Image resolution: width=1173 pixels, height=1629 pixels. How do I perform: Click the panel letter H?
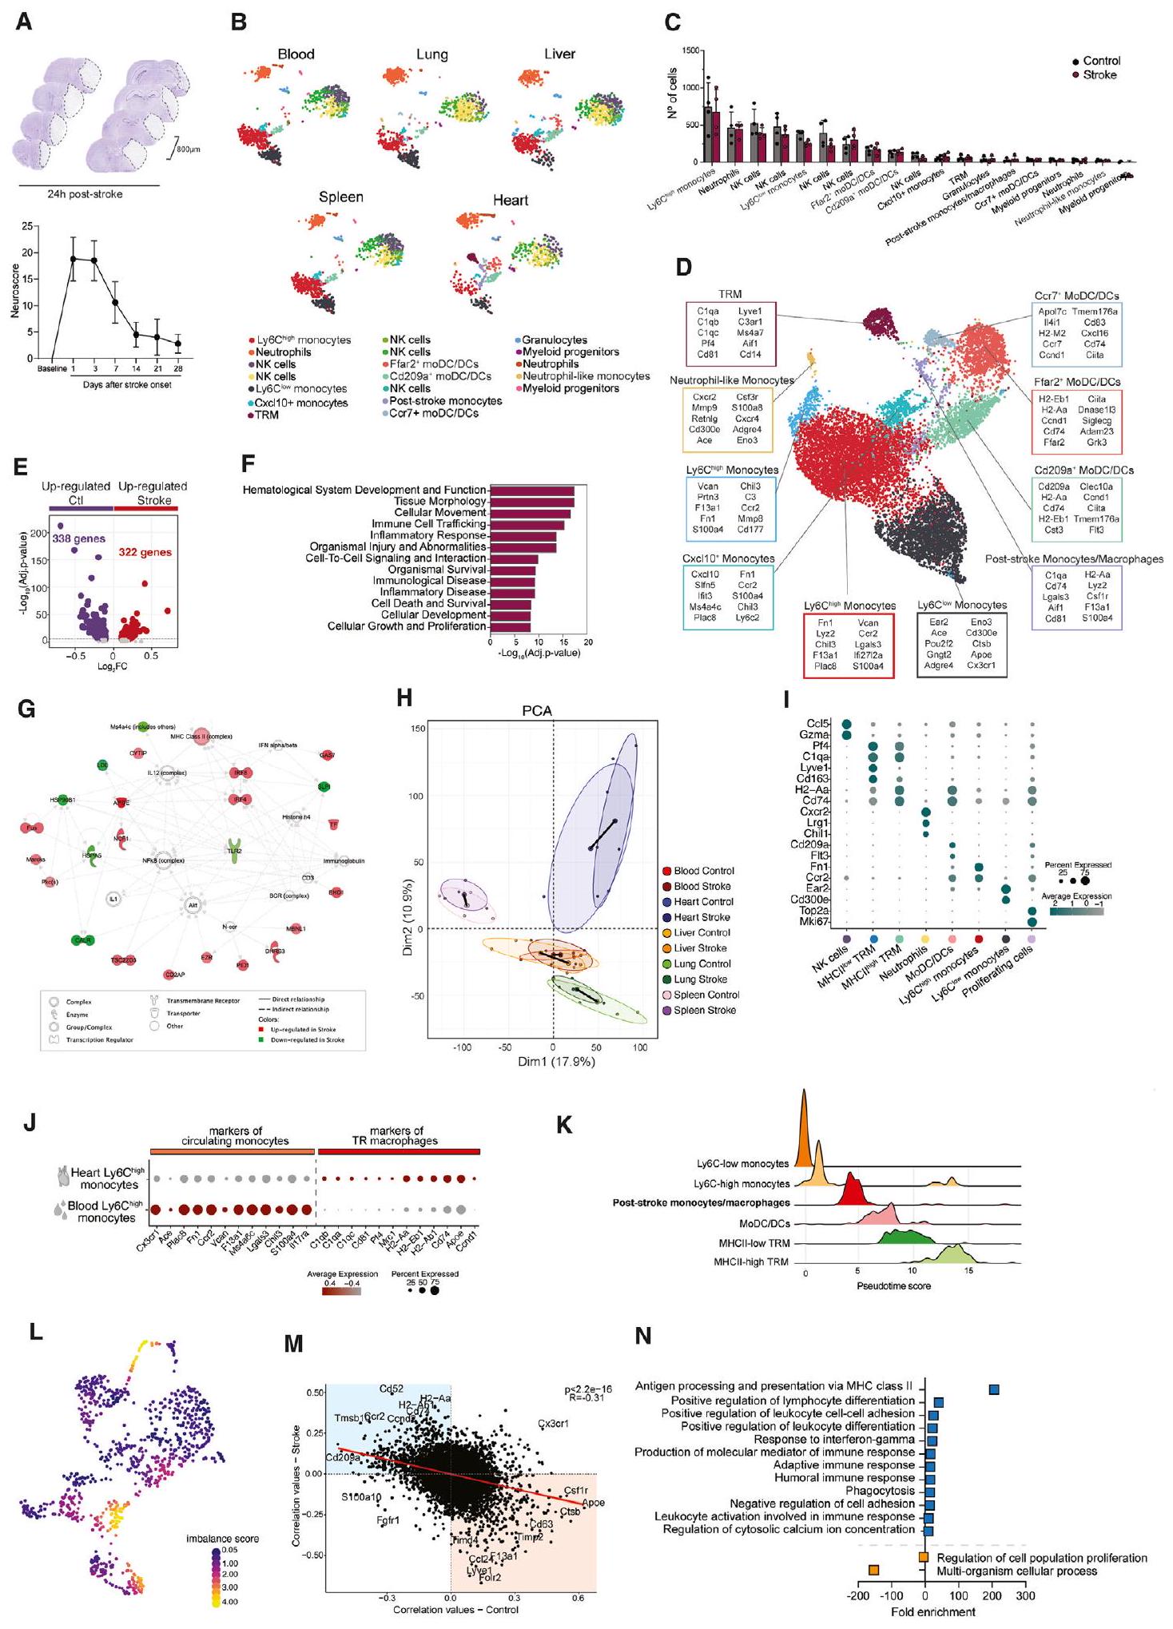point(405,698)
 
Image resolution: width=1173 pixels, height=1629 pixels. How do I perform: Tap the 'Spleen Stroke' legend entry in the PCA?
point(704,1011)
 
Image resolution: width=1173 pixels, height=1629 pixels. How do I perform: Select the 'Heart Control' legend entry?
point(703,902)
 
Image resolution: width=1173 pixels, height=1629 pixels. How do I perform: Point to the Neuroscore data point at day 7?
point(115,303)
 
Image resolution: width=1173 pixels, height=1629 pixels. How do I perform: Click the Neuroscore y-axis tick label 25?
point(27,226)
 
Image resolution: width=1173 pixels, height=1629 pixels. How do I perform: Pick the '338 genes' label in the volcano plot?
point(79,539)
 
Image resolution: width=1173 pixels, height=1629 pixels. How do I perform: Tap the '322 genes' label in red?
point(145,552)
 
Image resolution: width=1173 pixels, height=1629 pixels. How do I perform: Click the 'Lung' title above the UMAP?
point(431,54)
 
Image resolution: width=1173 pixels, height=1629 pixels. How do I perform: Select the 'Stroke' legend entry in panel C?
point(1099,75)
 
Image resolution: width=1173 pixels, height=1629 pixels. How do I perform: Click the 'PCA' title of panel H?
point(537,711)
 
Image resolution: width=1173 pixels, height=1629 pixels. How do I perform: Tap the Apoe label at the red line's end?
point(593,1503)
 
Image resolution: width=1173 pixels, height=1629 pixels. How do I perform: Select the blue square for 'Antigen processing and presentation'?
point(994,1389)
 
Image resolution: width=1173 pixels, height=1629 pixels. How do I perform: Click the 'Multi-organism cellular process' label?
point(1016,1571)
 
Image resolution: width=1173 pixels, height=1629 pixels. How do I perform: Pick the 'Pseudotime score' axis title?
point(893,1286)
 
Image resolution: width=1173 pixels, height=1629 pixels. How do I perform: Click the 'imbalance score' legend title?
point(222,1538)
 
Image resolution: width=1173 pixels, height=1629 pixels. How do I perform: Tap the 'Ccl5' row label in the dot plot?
point(817,724)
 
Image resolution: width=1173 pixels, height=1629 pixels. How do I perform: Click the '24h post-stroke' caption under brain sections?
point(85,194)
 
